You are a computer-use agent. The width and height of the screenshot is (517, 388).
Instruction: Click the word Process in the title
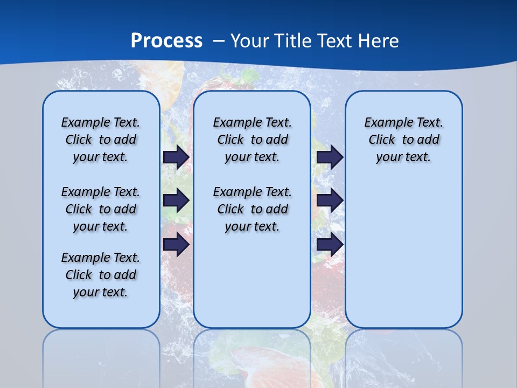(166, 41)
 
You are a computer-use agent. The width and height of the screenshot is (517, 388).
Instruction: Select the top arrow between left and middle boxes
(176, 157)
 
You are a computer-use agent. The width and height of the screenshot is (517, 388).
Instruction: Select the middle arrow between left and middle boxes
(176, 200)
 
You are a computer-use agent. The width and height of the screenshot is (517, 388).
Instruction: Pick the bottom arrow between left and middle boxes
(176, 245)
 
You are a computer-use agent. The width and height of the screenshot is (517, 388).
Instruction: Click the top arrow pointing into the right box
(330, 157)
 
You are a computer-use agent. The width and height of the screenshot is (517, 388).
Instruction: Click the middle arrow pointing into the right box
(330, 200)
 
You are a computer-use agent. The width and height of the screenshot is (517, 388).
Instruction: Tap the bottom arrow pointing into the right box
(330, 245)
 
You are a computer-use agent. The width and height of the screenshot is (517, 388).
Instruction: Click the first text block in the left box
(101, 140)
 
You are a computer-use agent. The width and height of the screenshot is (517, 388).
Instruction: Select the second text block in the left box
(101, 209)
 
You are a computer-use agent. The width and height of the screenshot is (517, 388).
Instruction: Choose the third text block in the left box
(101, 275)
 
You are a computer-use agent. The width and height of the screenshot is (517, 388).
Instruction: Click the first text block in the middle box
(252, 140)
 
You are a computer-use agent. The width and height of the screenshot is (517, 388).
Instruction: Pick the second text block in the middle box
(252, 209)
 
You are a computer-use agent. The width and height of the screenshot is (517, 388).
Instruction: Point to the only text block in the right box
(403, 140)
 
